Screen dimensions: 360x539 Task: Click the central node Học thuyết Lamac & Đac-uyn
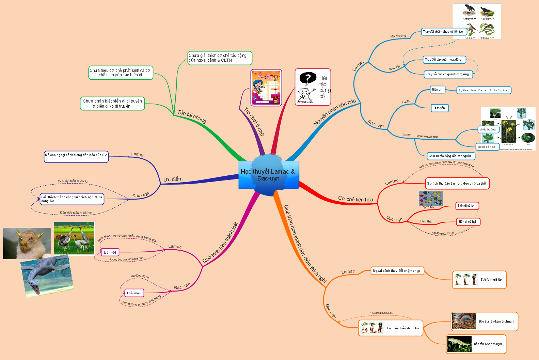[x=268, y=175]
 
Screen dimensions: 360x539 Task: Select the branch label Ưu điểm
[x=173, y=179]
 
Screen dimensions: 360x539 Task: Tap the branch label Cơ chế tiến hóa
[x=355, y=199]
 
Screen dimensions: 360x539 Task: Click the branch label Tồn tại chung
[x=192, y=116]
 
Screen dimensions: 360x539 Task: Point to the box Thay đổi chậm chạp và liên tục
[x=443, y=32]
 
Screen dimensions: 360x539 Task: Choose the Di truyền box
[x=439, y=108]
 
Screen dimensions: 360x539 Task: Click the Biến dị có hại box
[x=468, y=222]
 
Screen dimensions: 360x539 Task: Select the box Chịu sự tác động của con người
[x=450, y=156]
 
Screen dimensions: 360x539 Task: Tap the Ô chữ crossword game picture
[x=266, y=88]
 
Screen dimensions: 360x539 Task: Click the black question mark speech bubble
[x=307, y=78]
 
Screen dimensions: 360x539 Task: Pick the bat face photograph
[x=27, y=243]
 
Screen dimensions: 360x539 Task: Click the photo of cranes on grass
[x=74, y=238]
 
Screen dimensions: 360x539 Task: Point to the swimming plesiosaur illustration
[x=47, y=275]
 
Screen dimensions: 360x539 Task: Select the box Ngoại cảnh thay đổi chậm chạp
[x=397, y=271]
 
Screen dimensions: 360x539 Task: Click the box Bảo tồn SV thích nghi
[x=476, y=344]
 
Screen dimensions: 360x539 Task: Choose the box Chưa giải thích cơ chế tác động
[x=220, y=58]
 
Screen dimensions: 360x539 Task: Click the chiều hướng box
[x=488, y=129]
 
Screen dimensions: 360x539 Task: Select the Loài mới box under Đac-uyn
[x=134, y=293]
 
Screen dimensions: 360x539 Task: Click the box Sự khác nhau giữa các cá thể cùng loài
[x=483, y=90]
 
